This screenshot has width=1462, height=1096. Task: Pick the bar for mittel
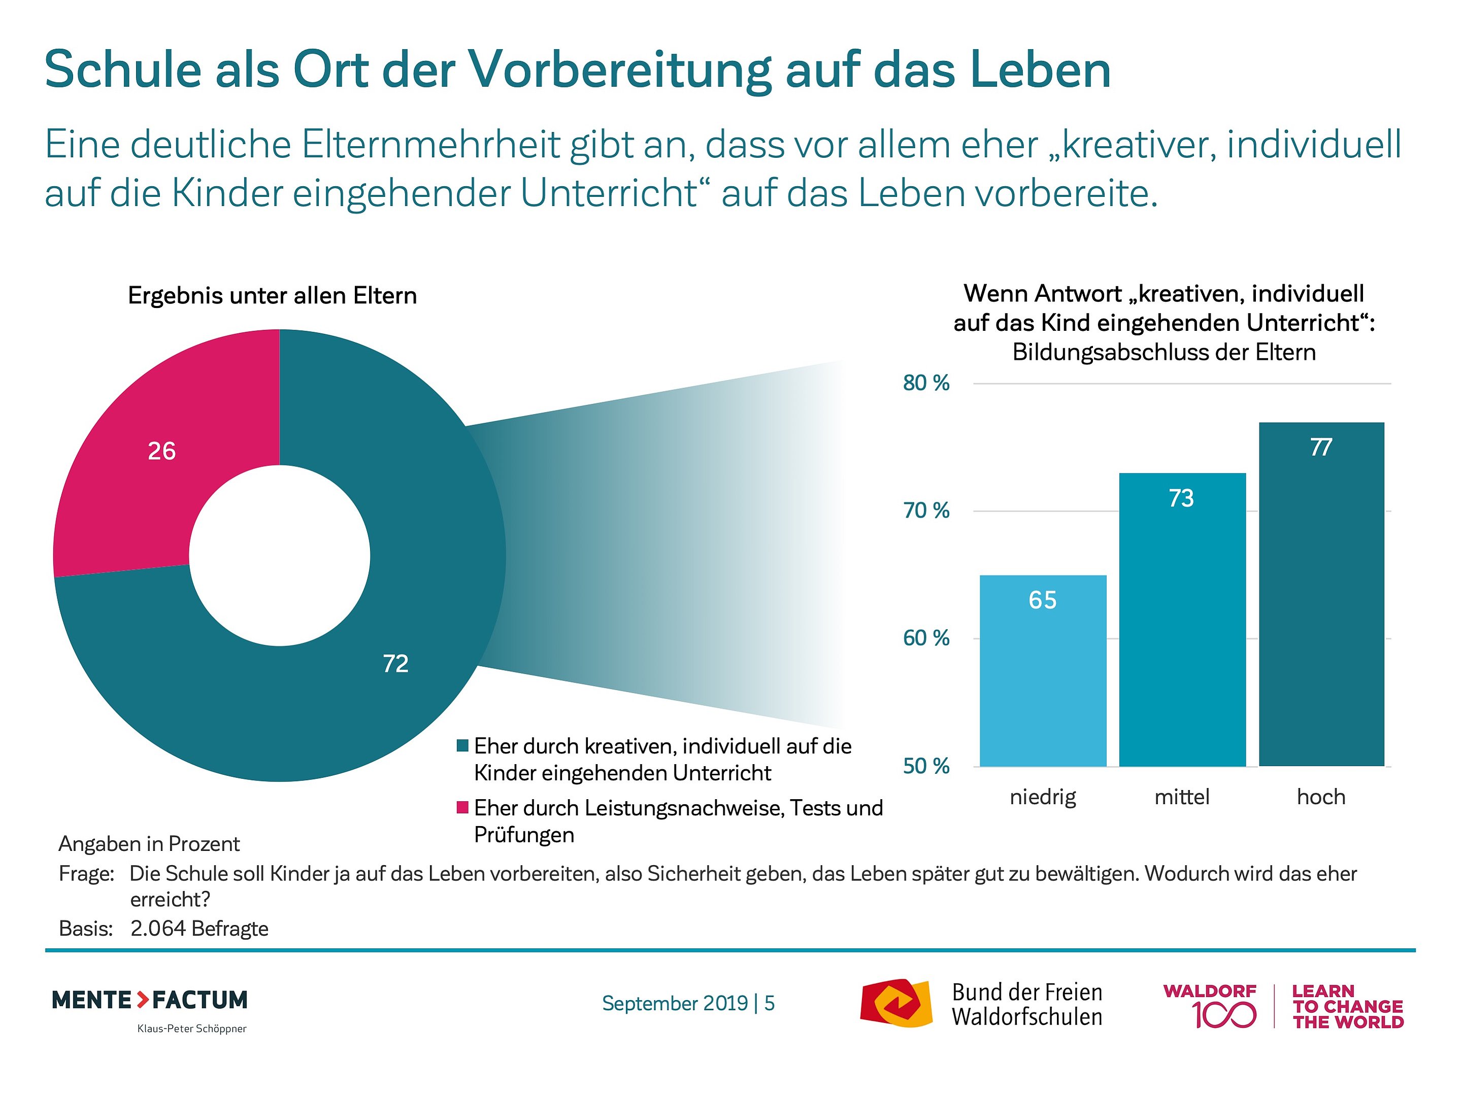[x=1182, y=628]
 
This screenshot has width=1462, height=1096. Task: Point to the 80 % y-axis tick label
[x=925, y=383]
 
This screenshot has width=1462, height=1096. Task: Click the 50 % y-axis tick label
[x=925, y=766]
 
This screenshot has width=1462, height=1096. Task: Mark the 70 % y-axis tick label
[x=925, y=510]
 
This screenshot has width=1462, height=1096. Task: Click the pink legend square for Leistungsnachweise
[x=462, y=807]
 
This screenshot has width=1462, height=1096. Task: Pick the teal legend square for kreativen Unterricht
[x=462, y=746]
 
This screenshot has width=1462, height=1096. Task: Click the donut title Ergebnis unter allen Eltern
[x=272, y=295]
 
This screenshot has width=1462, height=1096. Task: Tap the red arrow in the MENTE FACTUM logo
[x=143, y=1000]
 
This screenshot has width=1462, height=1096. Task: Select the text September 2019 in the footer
[x=675, y=1004]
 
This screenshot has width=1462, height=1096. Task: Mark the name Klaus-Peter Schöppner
[x=192, y=1029]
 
